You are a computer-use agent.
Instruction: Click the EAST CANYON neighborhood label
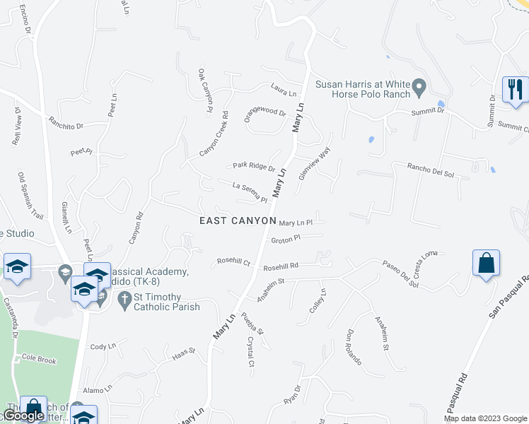click(x=238, y=220)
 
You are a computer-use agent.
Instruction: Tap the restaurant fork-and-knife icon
click(x=515, y=89)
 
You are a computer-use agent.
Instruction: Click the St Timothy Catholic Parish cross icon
click(x=124, y=300)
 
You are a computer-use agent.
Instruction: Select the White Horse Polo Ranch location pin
click(x=418, y=89)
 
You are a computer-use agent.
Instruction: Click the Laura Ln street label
click(x=283, y=92)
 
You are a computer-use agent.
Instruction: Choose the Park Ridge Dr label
click(x=254, y=167)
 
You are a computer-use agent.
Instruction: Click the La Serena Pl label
click(x=250, y=192)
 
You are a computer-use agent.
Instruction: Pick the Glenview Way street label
click(x=314, y=164)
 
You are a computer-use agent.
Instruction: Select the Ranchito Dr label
click(x=66, y=122)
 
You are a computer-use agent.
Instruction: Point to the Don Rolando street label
click(x=354, y=347)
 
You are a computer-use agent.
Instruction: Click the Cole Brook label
click(x=39, y=359)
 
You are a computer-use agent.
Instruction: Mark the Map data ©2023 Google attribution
click(x=485, y=418)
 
